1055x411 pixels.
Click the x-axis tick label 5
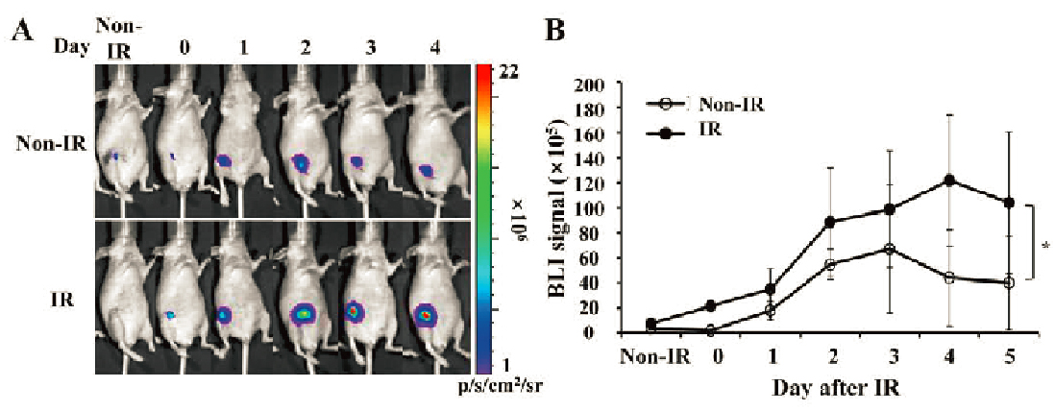pos(1008,356)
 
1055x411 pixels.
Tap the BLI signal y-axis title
pos(555,210)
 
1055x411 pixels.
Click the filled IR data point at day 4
pos(949,181)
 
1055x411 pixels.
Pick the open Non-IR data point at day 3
pos(890,249)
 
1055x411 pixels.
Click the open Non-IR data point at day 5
pos(1009,283)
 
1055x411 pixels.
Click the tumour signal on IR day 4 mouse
pos(426,314)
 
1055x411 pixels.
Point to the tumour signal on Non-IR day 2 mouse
pos(300,163)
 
